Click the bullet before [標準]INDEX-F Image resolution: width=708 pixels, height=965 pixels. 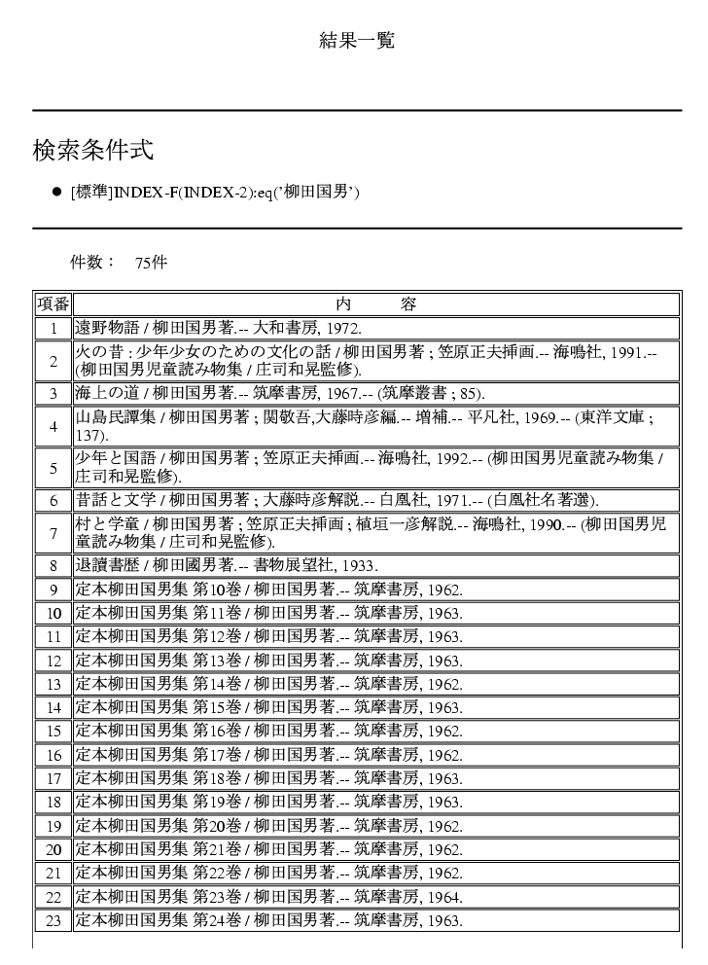pyautogui.click(x=56, y=192)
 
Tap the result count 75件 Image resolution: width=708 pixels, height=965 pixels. pyautogui.click(x=151, y=263)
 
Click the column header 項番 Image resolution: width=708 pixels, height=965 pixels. pyautogui.click(x=53, y=304)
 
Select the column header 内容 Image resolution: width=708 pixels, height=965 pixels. pyautogui.click(x=374, y=304)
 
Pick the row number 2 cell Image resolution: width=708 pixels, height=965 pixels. pyautogui.click(x=53, y=361)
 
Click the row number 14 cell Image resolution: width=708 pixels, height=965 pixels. pyautogui.click(x=53, y=707)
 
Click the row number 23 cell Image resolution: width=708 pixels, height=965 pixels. pyautogui.click(x=53, y=919)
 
